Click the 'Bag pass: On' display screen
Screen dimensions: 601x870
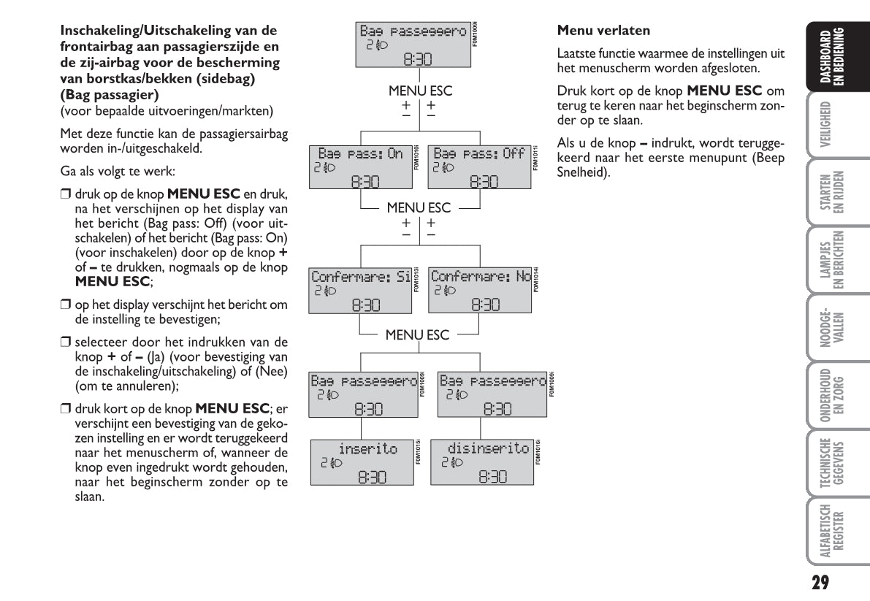(x=361, y=167)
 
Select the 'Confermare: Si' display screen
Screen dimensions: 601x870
(x=361, y=290)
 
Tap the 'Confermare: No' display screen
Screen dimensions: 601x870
(x=479, y=290)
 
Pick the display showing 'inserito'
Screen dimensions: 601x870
(x=361, y=462)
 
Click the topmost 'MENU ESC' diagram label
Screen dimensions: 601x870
(x=420, y=91)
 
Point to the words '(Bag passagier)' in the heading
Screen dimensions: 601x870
(x=110, y=96)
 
